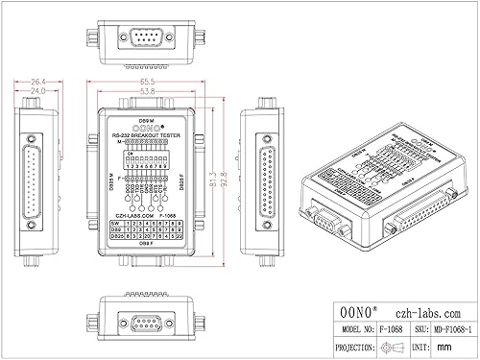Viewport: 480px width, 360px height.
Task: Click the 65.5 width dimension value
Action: click(148, 84)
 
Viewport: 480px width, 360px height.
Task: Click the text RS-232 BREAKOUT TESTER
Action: click(147, 135)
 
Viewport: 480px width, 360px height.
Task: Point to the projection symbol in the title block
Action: click(370, 343)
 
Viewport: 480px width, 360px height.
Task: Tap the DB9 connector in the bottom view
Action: click(148, 322)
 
